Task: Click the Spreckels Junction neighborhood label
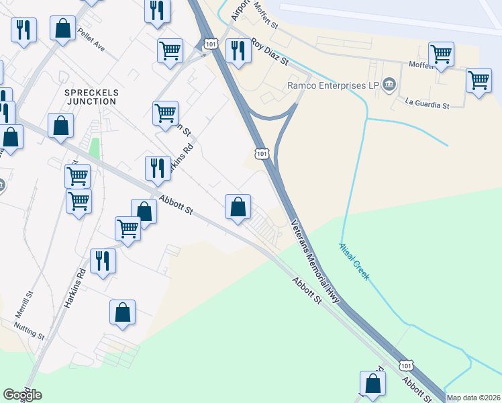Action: (90, 96)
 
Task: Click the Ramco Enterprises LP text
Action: (333, 85)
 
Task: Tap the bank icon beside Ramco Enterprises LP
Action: (390, 85)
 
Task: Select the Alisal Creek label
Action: (354, 262)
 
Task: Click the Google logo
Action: (22, 394)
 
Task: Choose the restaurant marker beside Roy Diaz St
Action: (238, 50)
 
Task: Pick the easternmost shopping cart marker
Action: (479, 80)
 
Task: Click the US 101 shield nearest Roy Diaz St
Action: (211, 44)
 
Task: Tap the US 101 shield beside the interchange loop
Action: (262, 154)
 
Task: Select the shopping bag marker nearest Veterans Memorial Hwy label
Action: (238, 206)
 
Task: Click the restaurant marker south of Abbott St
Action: (103, 260)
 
